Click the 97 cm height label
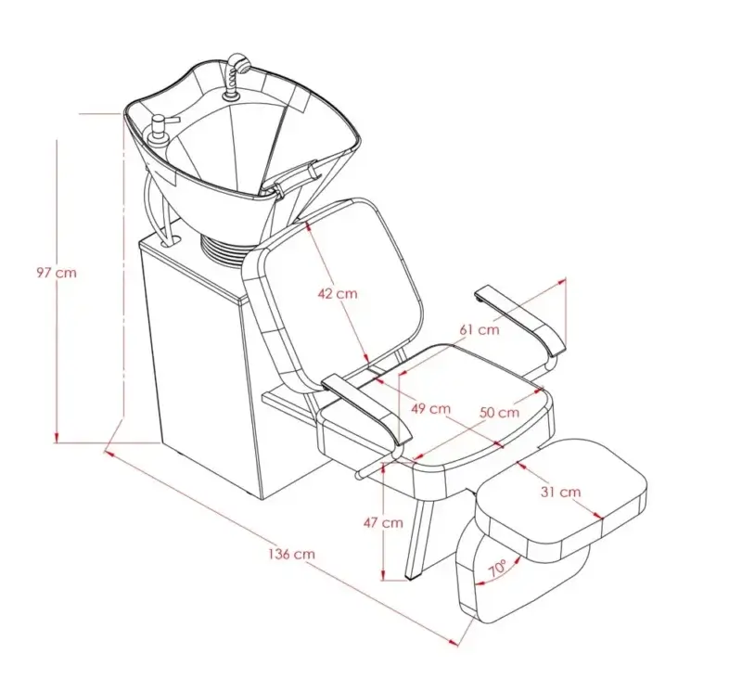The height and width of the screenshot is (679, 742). (57, 273)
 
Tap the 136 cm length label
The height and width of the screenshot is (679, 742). (291, 554)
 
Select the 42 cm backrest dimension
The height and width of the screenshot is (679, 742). (338, 294)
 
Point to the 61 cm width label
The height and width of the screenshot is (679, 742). (480, 329)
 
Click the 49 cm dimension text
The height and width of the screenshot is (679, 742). (430, 408)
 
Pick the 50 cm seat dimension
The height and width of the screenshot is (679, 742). (499, 413)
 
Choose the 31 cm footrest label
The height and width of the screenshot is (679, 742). (560, 493)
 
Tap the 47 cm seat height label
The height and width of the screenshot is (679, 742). (383, 523)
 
